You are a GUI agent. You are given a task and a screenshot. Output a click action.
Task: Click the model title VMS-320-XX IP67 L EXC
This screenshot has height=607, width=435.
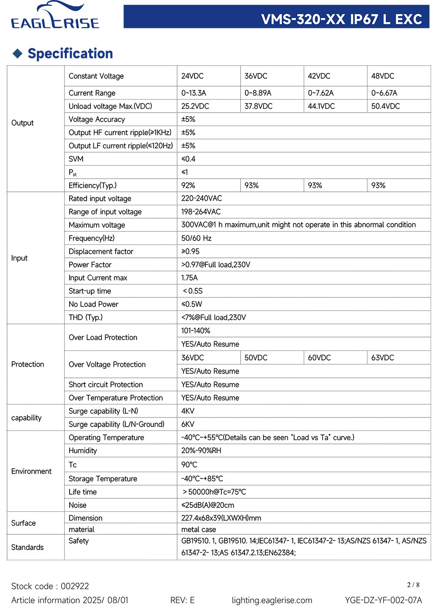pos(341,19)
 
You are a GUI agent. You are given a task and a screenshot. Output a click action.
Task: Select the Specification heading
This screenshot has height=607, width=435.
pos(70,53)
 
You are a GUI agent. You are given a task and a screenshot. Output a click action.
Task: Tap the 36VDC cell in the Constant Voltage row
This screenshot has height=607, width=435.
pos(256,76)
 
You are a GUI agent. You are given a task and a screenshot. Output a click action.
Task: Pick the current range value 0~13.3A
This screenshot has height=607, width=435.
pos(194,93)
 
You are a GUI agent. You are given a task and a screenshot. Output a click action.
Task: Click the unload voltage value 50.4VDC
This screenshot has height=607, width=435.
pos(385,106)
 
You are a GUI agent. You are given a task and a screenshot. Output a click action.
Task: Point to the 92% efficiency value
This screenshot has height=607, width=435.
pos(188,185)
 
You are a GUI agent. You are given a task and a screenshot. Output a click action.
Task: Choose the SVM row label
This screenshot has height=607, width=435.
pos(76,159)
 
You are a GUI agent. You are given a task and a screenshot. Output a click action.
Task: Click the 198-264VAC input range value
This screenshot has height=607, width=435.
pos(201,212)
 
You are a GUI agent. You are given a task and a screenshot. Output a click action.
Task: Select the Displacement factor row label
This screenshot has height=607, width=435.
pos(101,251)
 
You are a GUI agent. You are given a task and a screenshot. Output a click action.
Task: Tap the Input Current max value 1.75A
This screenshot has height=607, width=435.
pos(189,278)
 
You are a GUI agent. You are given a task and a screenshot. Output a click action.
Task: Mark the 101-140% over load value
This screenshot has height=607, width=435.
pos(196,331)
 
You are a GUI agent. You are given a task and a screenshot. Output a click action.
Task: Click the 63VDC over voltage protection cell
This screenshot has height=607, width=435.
pos(383,358)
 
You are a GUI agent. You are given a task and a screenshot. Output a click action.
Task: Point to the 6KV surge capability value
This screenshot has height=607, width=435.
pos(188,424)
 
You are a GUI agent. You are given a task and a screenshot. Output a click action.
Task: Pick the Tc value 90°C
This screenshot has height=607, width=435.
pos(189,465)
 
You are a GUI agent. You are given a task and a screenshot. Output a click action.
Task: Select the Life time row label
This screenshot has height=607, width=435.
pos(83,492)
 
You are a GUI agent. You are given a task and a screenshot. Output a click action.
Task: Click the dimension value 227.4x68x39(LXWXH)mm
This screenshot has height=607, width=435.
pos(221,518)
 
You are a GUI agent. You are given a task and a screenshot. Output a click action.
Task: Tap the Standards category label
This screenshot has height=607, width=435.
pos(27,547)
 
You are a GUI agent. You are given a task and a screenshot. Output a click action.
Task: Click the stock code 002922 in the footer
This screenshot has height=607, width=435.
pos(75,586)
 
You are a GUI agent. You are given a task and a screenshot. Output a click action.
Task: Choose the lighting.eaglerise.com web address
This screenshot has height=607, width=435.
pos(272,600)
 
